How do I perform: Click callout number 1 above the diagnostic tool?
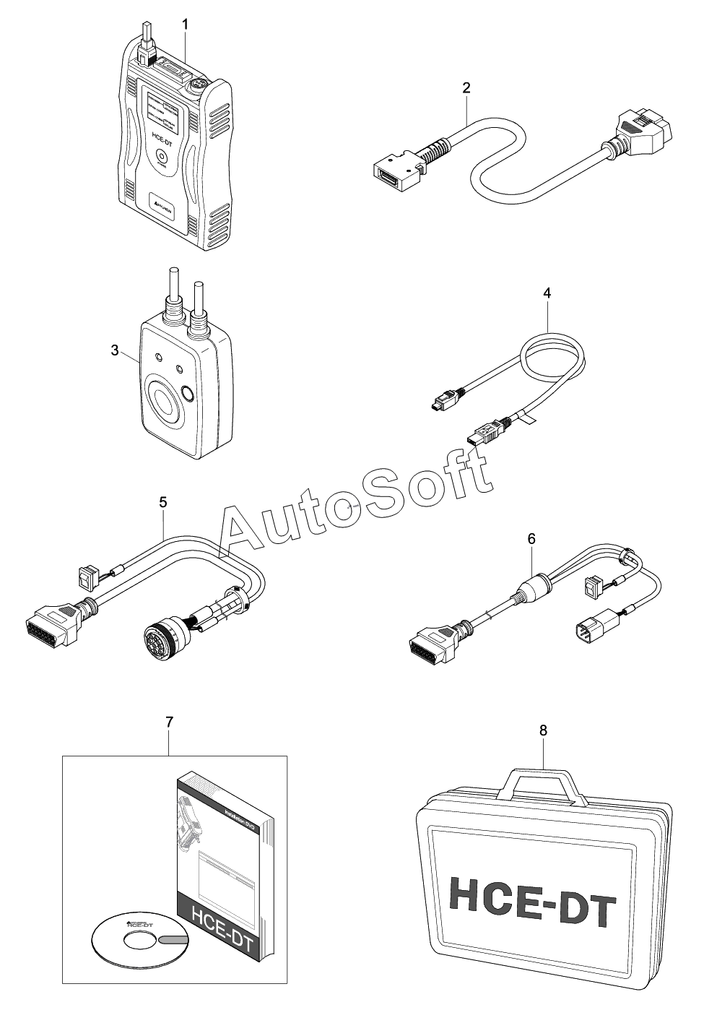pyautogui.click(x=186, y=25)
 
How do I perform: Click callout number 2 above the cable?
pyautogui.click(x=466, y=88)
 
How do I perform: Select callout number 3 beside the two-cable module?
pyautogui.click(x=115, y=350)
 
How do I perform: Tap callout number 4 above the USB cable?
pyautogui.click(x=547, y=293)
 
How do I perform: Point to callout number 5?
pyautogui.click(x=163, y=500)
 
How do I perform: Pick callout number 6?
pyautogui.click(x=532, y=538)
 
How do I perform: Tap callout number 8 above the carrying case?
pyautogui.click(x=544, y=730)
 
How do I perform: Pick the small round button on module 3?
pyautogui.click(x=188, y=394)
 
